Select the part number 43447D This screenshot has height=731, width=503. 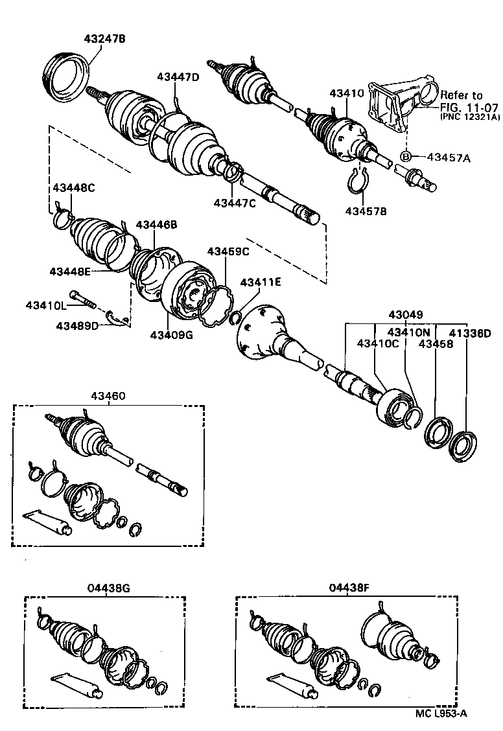point(178,77)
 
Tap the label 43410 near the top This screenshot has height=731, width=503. point(346,93)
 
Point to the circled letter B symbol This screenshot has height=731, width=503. point(406,156)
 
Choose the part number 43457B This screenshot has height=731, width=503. point(366,211)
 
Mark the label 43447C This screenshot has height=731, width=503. point(235,203)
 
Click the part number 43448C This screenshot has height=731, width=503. point(73,189)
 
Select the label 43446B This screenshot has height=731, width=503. point(156,224)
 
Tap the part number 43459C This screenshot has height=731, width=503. point(228,251)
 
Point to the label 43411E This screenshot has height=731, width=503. point(261,283)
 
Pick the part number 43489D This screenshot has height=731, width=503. point(77,325)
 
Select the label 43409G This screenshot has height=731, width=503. point(171,335)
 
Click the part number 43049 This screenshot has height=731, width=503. point(406,315)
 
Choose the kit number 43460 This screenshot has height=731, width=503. point(108,396)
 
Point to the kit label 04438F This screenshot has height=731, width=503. point(348,588)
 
